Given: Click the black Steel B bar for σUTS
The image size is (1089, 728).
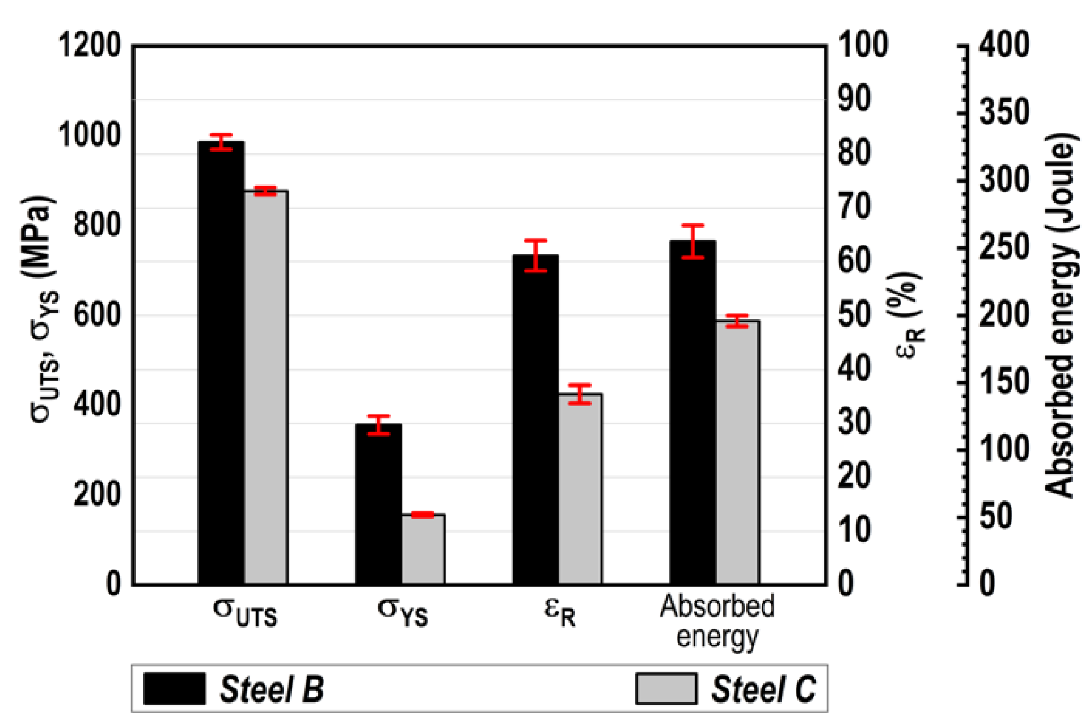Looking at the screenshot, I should click(x=221, y=363).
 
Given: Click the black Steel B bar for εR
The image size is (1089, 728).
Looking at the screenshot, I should click(x=535, y=420).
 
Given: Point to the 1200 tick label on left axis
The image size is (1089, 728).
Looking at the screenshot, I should click(x=90, y=45).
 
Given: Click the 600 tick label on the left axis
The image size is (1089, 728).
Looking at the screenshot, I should click(x=97, y=314).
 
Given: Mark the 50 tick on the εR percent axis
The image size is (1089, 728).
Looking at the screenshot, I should click(x=854, y=314).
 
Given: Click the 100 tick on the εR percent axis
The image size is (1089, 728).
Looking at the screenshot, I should click(x=863, y=45).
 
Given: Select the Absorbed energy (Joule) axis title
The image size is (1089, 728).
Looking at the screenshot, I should click(x=1060, y=315).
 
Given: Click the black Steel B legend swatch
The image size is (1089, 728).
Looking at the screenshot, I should click(x=174, y=689).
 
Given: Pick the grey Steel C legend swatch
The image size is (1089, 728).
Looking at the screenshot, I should click(x=666, y=689).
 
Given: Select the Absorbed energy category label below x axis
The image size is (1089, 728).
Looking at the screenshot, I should click(x=717, y=621).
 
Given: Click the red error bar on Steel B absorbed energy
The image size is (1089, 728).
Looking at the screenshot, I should click(x=693, y=242).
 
